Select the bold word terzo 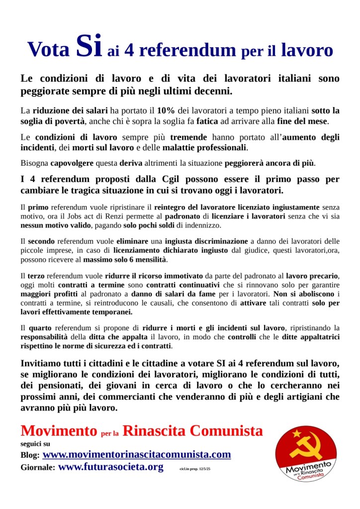coord(36,275)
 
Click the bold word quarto coord(39,327)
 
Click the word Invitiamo coord(43,362)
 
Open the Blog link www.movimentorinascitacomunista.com coord(137,454)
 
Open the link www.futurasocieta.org coord(110,467)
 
